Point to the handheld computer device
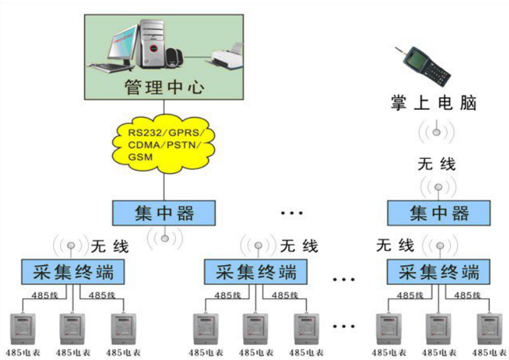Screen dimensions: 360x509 426,65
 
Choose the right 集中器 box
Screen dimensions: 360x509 439,213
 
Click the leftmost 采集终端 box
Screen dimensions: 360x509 71,271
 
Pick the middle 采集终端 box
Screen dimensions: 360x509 255,271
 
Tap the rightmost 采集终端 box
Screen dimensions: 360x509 439,271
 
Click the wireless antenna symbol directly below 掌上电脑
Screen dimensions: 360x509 437,131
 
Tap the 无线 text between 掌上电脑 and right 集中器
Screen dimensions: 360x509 437,164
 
